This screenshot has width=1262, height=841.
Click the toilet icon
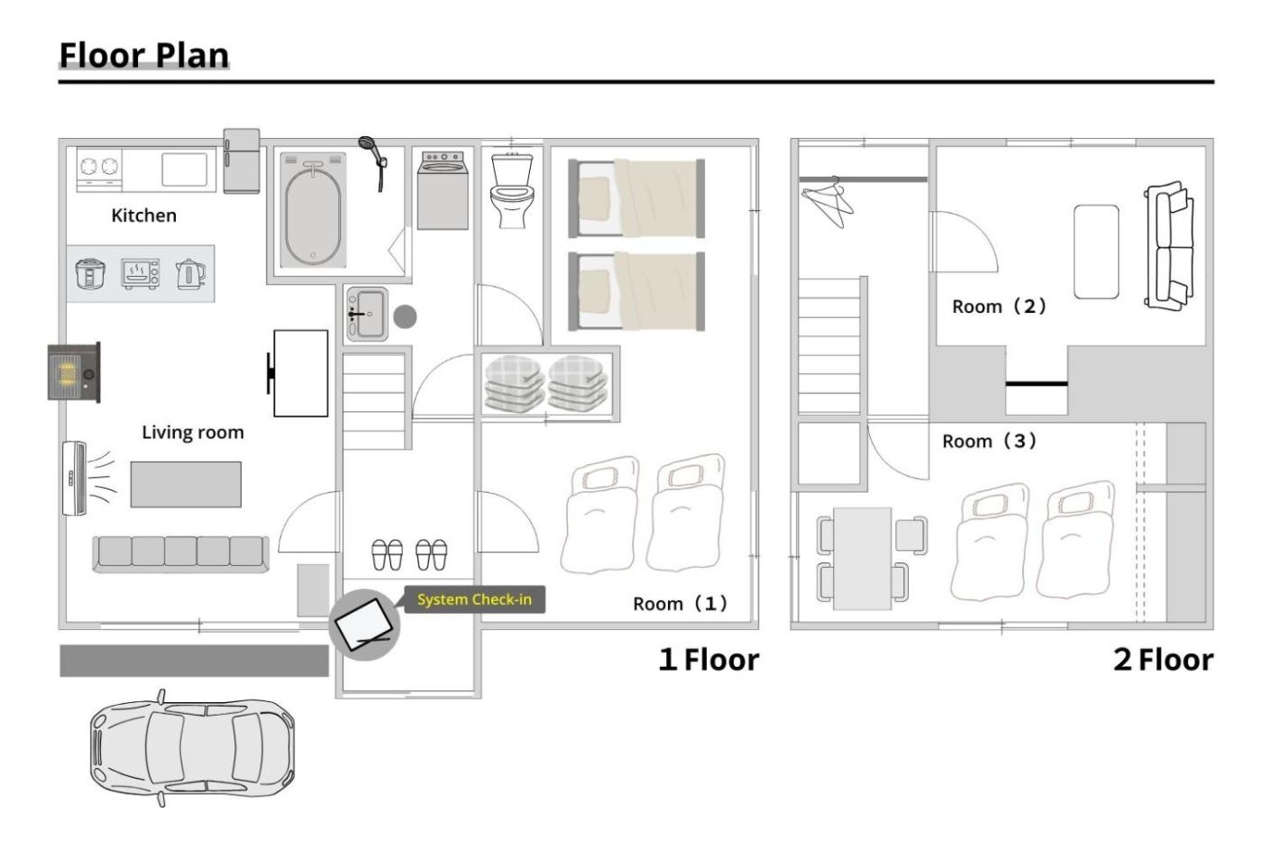[512, 190]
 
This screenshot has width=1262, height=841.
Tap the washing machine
[443, 190]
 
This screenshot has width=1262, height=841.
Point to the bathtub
[313, 210]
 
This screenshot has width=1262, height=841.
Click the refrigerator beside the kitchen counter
[242, 161]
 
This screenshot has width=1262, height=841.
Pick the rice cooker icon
[90, 274]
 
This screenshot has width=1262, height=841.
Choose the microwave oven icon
[141, 274]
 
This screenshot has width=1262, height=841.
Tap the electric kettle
[190, 274]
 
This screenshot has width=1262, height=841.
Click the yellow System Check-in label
[474, 599]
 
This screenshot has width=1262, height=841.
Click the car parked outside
[191, 747]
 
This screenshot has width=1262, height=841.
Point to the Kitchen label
[143, 215]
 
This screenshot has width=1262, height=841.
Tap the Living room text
[193, 432]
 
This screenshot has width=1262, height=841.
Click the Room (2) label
[999, 306]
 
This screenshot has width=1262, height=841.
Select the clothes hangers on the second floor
[828, 202]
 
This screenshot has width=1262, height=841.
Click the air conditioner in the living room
[74, 479]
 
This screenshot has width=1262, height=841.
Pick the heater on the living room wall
[74, 372]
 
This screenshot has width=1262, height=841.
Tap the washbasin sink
[368, 315]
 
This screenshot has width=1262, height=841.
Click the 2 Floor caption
[1163, 660]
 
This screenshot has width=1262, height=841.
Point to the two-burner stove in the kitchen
[99, 169]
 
